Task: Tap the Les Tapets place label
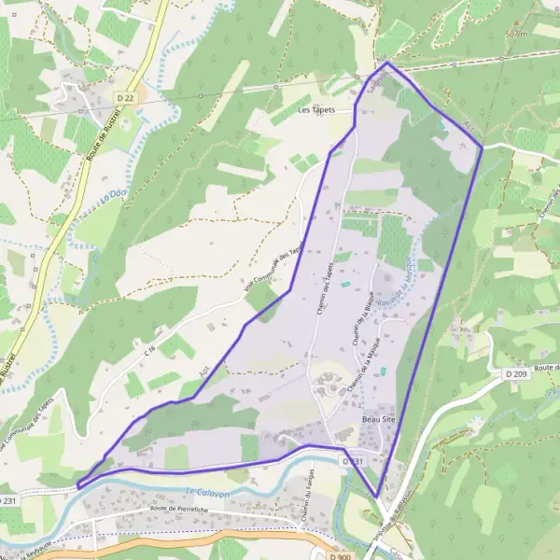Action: point(315,109)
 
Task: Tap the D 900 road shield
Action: point(341,555)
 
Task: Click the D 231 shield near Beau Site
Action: point(351,461)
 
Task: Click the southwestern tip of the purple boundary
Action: point(77,485)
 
